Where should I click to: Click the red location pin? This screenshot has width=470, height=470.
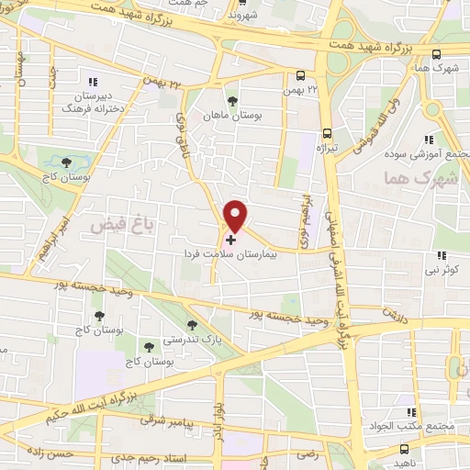236,215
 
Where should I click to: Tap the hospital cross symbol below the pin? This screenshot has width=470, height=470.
229,239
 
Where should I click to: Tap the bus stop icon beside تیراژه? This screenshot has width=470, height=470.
328,131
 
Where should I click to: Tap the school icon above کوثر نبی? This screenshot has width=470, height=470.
442,255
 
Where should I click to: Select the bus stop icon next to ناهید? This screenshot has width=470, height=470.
406,449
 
